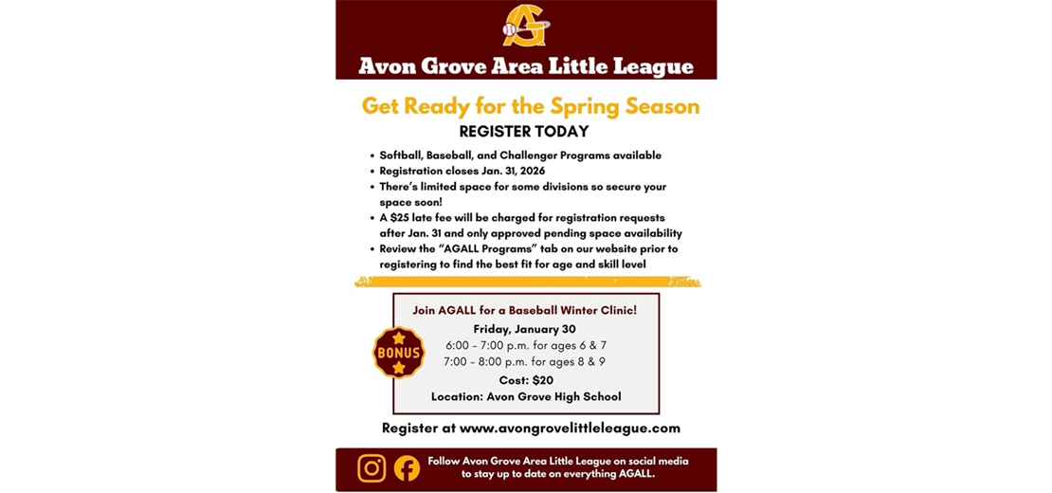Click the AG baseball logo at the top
525,26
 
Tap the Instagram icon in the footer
372,468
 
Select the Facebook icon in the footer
407,468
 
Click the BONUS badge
398,353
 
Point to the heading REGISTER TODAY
524,132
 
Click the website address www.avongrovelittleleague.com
570,428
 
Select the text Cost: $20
526,379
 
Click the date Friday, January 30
524,329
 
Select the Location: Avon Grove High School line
526,396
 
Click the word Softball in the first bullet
400,155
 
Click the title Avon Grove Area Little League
525,67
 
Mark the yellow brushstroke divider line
527,282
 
